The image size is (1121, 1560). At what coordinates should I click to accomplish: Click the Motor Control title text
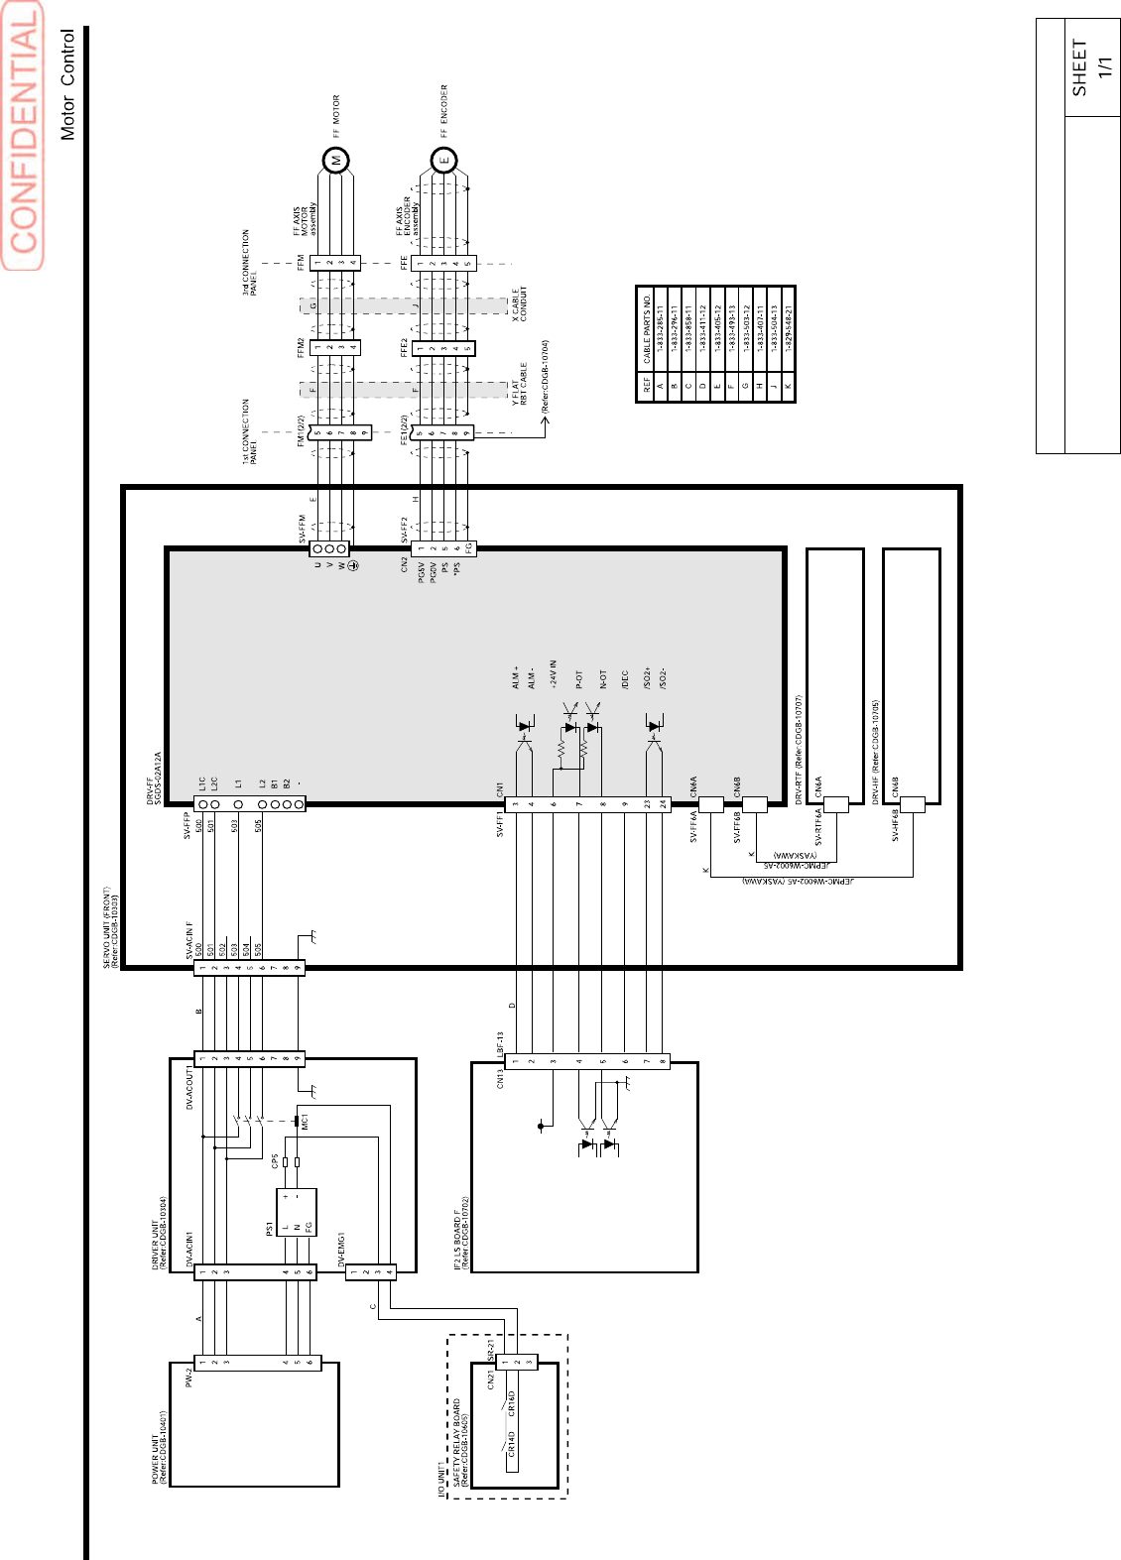(x=67, y=84)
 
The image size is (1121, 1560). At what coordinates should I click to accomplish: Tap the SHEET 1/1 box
(x=1092, y=67)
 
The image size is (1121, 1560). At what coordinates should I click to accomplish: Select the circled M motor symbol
(x=336, y=160)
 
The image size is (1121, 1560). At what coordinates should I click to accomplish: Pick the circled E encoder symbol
(x=443, y=160)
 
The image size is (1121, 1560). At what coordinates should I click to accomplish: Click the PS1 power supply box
(x=297, y=1212)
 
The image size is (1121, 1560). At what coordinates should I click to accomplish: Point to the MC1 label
(x=305, y=1122)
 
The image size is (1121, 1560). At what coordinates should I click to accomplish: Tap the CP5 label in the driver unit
(x=275, y=1160)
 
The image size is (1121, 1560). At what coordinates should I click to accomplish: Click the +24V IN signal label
(x=553, y=674)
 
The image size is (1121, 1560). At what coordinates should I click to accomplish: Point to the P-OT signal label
(x=578, y=679)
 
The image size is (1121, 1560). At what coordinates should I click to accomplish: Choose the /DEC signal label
(x=625, y=679)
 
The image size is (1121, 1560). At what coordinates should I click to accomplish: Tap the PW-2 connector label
(x=187, y=1377)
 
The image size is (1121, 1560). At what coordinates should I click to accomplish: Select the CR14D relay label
(x=512, y=1442)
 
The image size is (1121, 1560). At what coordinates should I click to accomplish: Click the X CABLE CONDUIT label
(x=520, y=303)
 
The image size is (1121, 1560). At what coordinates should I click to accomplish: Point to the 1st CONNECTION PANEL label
(x=250, y=431)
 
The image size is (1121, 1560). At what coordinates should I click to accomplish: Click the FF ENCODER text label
(x=443, y=110)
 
